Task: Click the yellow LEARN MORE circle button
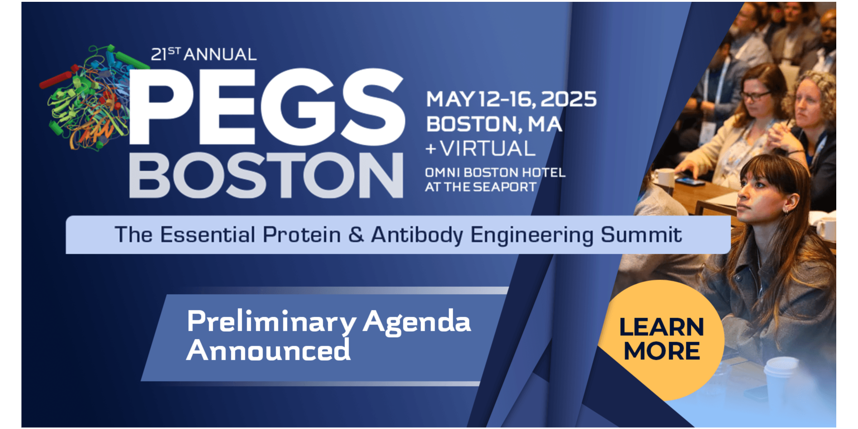coord(661,340)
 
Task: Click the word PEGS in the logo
coord(267,107)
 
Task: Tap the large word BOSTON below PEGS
coord(266,175)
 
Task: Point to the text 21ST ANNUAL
coord(204,54)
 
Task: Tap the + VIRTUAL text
coord(480,149)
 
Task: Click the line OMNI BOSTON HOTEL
coord(495,173)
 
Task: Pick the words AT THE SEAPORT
coord(481,187)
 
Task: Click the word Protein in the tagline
coord(302,235)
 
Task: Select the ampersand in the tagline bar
coord(356,235)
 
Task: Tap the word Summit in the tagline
coord(641,235)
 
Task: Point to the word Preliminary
coord(272,323)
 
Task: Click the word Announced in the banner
coord(268,350)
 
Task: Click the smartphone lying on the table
coord(690,182)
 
